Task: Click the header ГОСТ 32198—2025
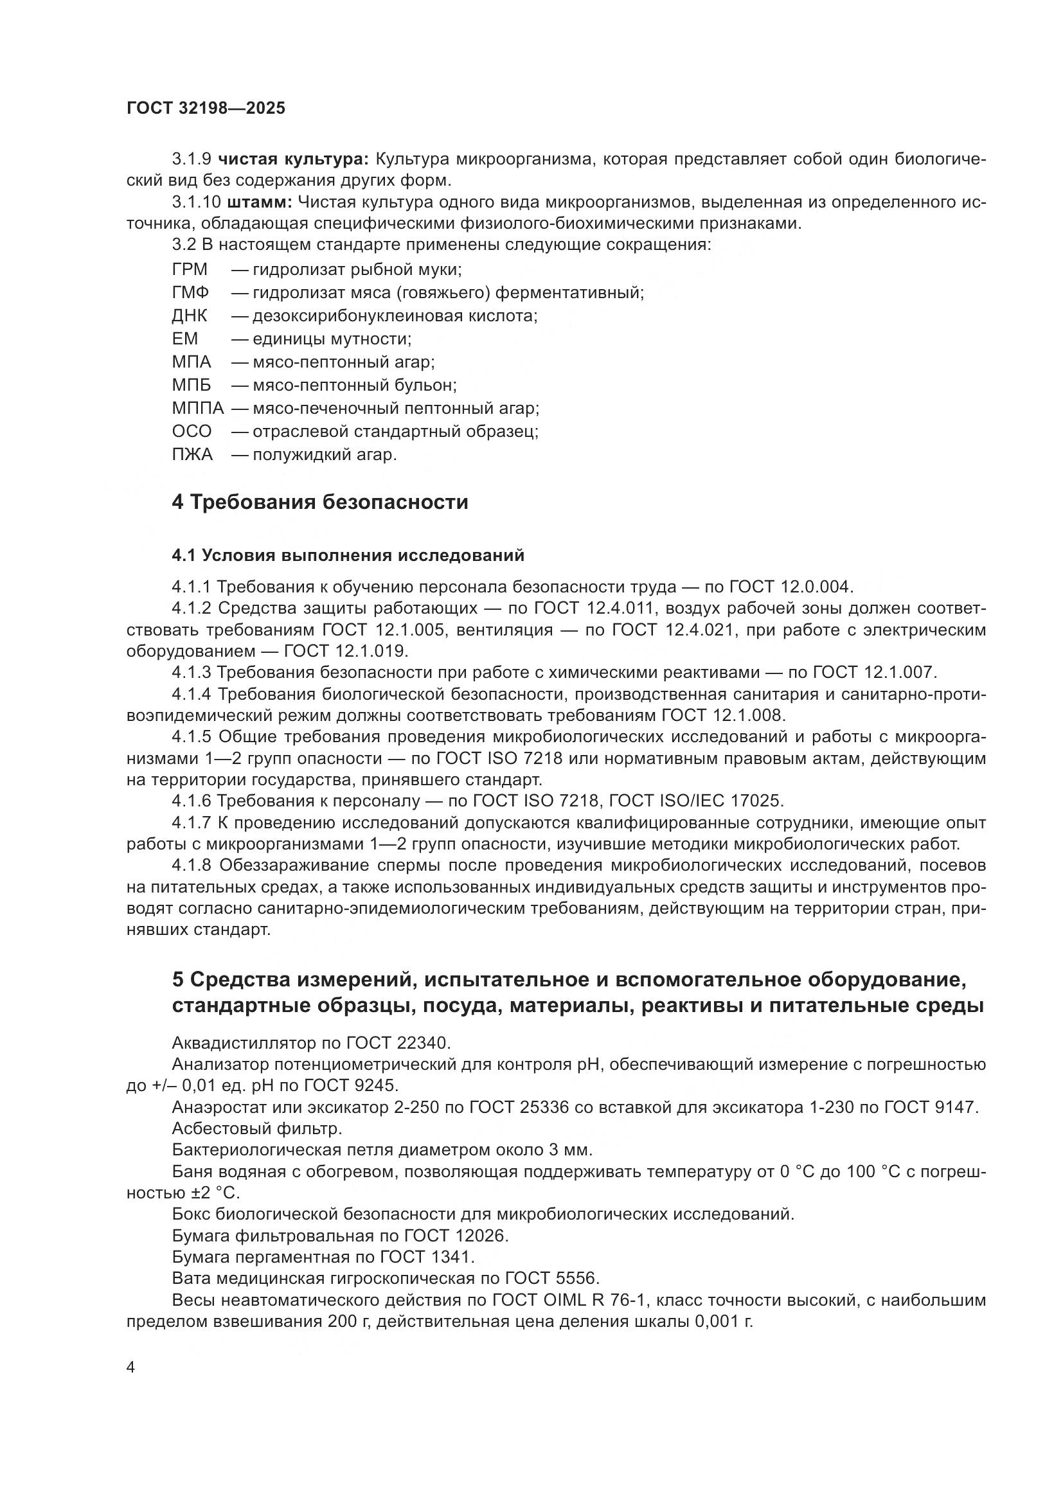[x=206, y=108]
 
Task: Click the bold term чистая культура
[x=293, y=159]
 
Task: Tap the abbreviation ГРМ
[x=190, y=270]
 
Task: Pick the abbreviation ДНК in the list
[x=190, y=316]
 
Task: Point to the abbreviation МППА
[x=199, y=409]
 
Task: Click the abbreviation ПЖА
[x=192, y=454]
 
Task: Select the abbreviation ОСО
[x=192, y=431]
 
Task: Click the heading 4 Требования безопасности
[x=320, y=502]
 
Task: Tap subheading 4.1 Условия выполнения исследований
[x=348, y=556]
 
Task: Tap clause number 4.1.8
[x=192, y=866]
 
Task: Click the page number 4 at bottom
[x=131, y=1367]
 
